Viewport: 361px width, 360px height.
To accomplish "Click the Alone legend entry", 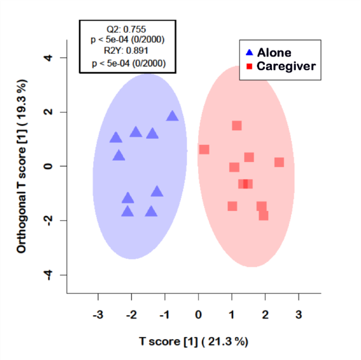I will point(274,52).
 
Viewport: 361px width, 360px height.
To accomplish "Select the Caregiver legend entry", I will point(286,66).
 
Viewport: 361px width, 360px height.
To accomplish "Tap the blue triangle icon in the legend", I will point(249,52).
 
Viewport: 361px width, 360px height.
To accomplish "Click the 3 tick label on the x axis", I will point(299,315).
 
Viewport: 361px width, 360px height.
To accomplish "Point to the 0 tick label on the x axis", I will point(199,315).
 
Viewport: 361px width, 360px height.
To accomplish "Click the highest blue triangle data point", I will point(172,116).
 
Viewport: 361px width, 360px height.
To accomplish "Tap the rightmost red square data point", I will point(279,162).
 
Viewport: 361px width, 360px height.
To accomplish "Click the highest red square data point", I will point(237,126).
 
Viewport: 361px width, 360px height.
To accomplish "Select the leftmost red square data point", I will point(204,149).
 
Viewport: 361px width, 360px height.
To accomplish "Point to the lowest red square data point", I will point(264,216).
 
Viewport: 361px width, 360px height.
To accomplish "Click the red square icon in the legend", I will point(250,67).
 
